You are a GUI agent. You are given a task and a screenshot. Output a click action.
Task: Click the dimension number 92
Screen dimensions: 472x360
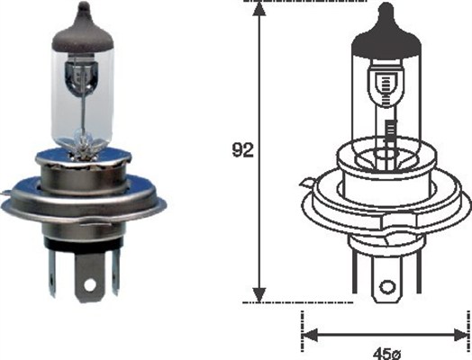242,150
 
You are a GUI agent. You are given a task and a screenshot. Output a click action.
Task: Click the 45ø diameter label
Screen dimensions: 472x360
386,353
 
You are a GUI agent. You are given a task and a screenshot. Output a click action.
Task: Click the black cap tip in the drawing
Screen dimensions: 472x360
386,9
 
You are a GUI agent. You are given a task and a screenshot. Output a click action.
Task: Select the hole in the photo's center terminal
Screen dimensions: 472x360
90,284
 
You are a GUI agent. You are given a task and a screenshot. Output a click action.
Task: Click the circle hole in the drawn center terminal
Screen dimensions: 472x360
386,287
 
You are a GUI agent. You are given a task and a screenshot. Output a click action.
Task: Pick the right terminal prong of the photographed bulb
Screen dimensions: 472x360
115,271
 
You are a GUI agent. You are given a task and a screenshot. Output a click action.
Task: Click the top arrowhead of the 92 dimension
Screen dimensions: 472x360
259,8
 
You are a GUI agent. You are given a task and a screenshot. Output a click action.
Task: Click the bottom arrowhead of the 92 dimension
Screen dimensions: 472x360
259,294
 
